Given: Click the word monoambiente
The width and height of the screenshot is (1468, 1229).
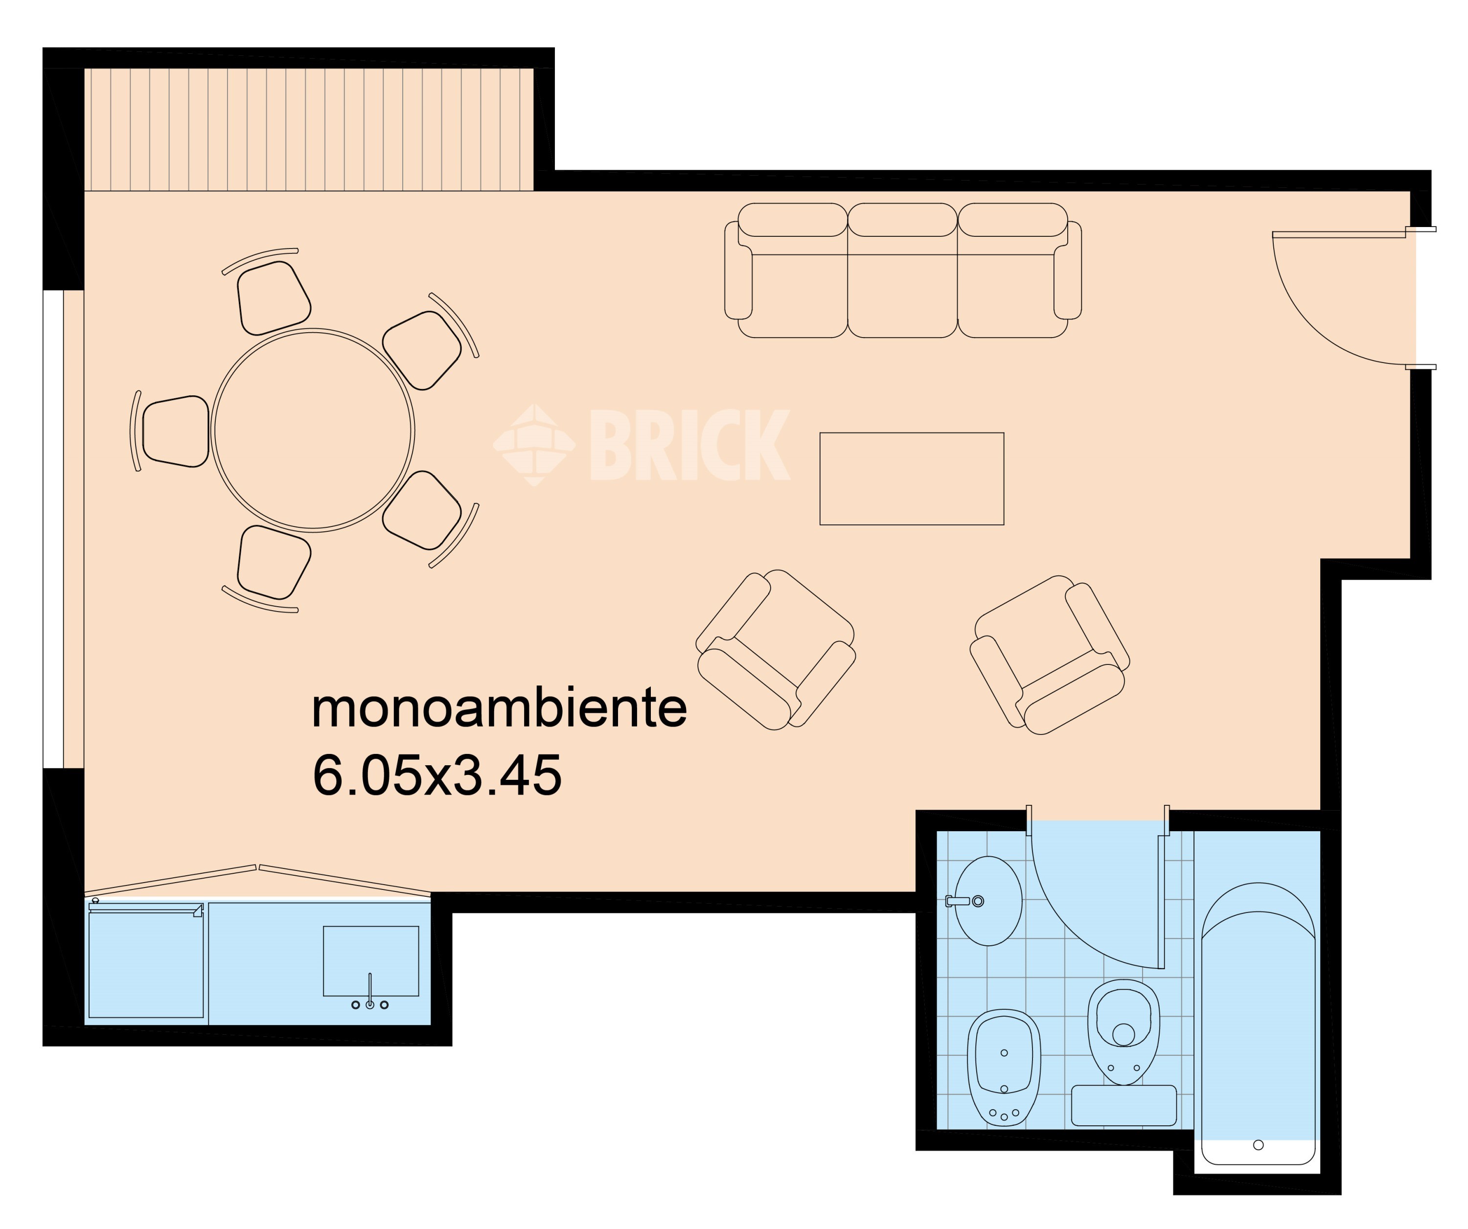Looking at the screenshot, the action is [499, 708].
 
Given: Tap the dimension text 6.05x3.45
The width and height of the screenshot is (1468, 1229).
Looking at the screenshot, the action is [437, 775].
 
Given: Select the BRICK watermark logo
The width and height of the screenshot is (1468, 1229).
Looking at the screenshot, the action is [641, 445].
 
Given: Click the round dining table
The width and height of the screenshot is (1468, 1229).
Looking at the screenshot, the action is [313, 431].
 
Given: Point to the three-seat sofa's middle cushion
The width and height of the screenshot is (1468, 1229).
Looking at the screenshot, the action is [902, 271].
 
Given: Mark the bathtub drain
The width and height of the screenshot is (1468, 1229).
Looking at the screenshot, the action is [1258, 1145].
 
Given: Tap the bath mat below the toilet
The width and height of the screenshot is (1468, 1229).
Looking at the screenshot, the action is [1124, 1105].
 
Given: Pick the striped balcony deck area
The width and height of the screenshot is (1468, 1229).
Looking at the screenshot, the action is [309, 129].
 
